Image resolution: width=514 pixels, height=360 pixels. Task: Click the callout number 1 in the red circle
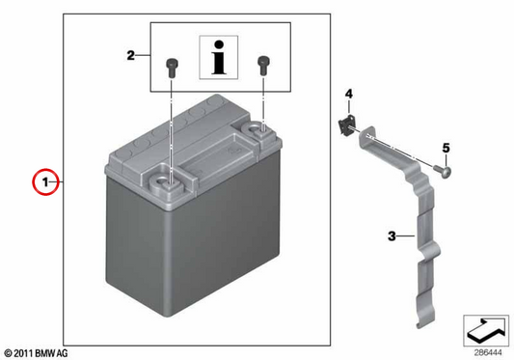coord(46,181)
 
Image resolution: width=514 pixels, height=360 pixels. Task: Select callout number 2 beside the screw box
coord(131,55)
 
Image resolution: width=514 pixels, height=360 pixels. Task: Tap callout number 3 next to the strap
coord(392,235)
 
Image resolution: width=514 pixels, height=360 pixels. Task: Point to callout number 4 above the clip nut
coord(349,95)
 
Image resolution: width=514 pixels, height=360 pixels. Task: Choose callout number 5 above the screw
coord(446,149)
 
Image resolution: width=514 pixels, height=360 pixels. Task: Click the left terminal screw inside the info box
coord(172,68)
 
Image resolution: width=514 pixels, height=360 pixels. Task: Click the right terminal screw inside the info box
coord(263,66)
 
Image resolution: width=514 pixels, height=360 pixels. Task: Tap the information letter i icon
coord(219,58)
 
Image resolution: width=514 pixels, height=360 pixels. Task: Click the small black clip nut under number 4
coord(346,125)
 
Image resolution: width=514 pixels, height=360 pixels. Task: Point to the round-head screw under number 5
coord(443,171)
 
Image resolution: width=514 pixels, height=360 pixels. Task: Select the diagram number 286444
coord(488,353)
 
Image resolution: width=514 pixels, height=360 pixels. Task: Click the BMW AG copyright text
coord(36,353)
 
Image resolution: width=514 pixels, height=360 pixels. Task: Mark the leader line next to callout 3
coord(406,235)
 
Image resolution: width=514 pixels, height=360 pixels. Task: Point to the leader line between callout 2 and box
coord(143,55)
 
